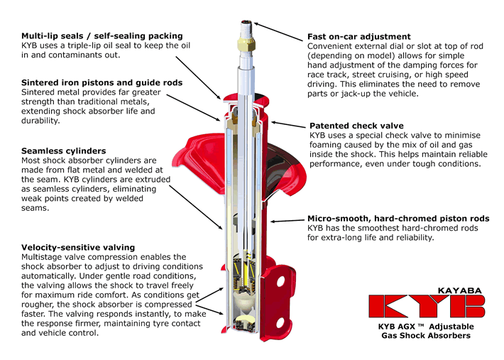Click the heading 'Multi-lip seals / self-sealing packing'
(102, 36)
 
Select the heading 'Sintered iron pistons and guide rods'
(102, 82)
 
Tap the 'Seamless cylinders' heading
(64, 151)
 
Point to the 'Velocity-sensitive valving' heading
(78, 248)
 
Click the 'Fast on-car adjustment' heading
(359, 37)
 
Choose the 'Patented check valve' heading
(356, 126)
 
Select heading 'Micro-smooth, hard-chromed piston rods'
(398, 219)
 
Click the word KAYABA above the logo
(460, 290)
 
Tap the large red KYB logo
(427, 306)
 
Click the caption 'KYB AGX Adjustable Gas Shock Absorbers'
(426, 331)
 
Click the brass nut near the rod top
(246, 44)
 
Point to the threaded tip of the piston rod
(246, 29)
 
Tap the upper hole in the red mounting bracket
(280, 282)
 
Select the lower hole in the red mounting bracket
(280, 322)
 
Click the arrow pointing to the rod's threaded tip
(278, 32)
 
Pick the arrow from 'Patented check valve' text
(288, 124)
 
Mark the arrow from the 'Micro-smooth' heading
(287, 221)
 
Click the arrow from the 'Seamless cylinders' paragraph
(196, 207)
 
